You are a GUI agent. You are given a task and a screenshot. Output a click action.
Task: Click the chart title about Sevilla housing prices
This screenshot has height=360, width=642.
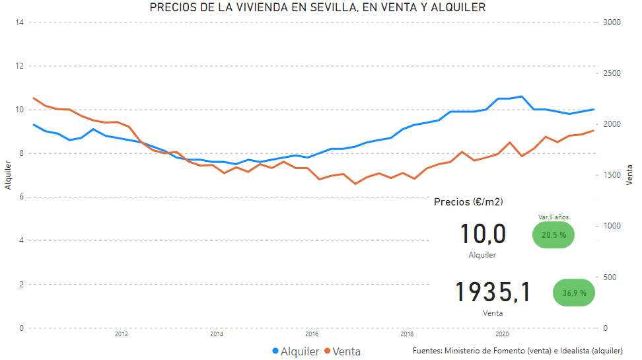click(318, 8)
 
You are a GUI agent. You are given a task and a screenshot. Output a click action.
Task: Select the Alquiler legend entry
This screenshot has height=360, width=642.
click(295, 351)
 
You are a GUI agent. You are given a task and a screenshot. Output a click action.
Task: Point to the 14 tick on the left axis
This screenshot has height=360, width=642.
click(20, 22)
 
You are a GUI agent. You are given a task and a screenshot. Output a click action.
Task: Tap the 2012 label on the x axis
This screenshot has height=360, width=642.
click(121, 334)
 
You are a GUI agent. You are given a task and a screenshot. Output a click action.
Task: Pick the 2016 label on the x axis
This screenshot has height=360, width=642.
click(312, 334)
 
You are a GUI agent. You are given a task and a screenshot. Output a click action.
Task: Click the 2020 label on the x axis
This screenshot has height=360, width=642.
click(502, 334)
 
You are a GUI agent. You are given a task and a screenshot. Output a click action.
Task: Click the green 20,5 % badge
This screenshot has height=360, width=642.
click(553, 234)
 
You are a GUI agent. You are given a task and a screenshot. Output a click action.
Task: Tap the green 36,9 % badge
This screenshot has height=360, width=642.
click(574, 293)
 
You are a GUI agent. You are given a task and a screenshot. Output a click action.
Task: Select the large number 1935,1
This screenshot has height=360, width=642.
click(493, 293)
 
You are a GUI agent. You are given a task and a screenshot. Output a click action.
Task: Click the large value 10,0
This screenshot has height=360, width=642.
click(482, 234)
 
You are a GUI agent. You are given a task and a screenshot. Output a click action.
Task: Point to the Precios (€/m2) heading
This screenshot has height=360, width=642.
click(468, 201)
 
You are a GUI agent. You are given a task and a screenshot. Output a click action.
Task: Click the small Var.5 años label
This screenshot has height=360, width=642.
click(553, 217)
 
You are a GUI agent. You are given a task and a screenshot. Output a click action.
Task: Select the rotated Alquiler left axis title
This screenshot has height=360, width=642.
click(9, 175)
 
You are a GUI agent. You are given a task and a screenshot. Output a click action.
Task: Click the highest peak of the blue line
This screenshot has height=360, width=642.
click(521, 96)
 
